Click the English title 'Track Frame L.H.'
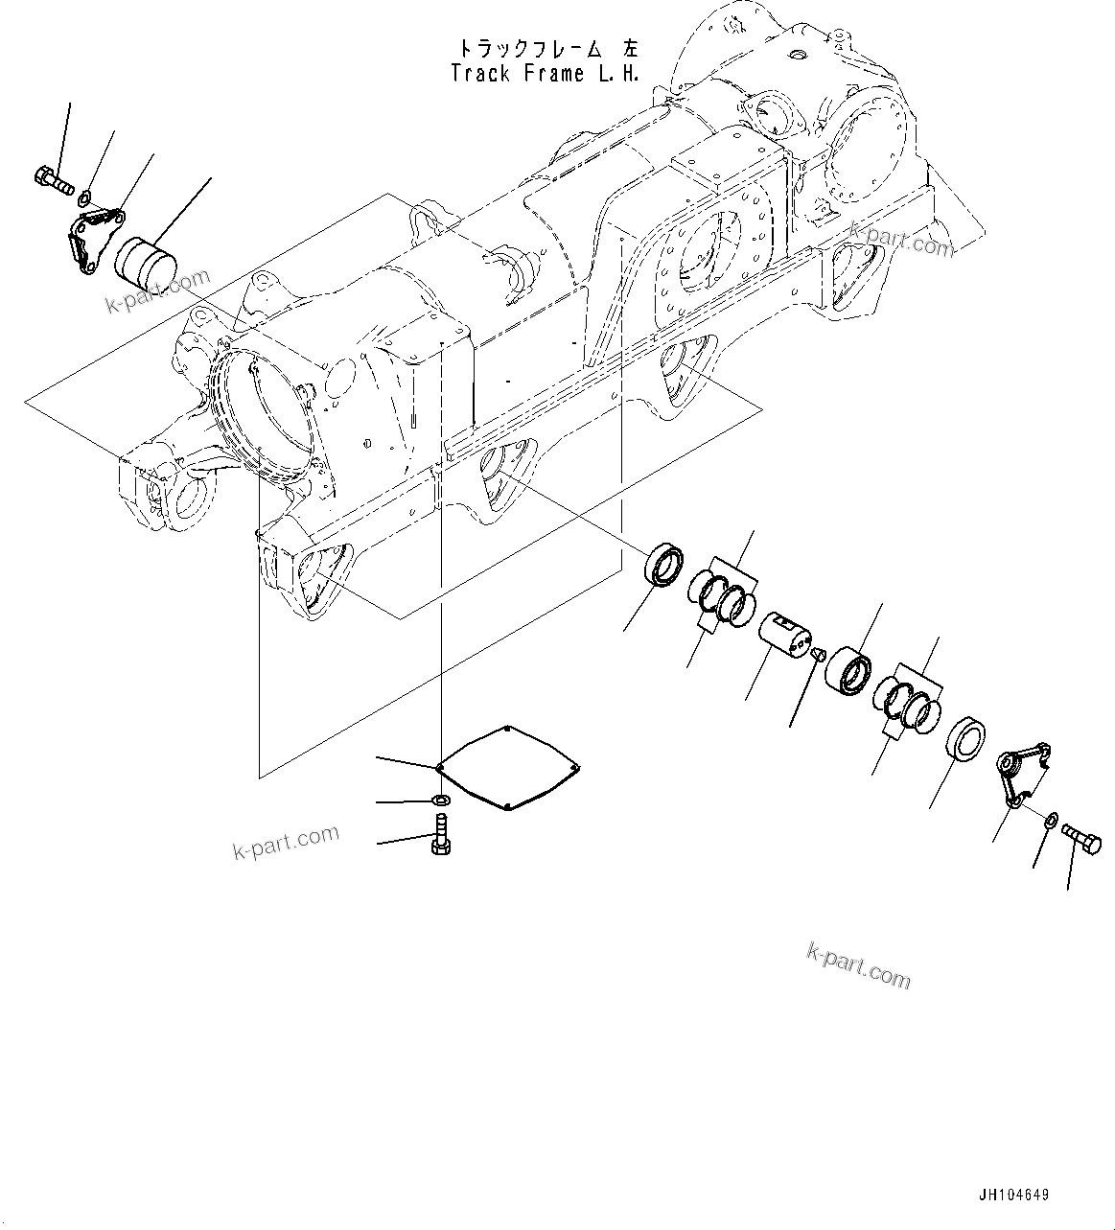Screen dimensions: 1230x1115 (545, 73)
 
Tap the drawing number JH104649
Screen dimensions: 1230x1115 (1013, 1195)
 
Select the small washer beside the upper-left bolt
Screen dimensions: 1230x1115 (84, 197)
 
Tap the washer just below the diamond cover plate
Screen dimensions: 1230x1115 (442, 800)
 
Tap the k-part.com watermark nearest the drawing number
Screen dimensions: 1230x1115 (858, 964)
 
